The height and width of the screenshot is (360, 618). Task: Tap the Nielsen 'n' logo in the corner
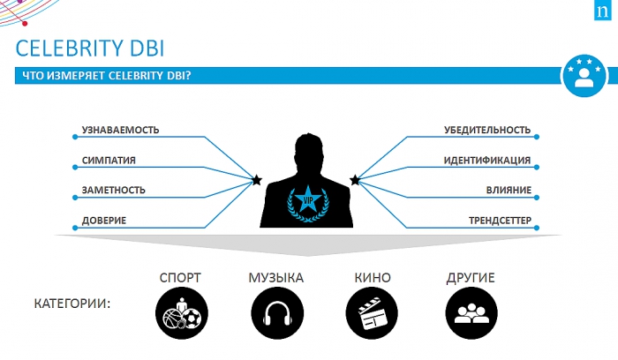602,13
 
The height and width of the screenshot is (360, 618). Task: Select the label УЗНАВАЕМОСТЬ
120,131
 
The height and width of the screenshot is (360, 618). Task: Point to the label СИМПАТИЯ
109,161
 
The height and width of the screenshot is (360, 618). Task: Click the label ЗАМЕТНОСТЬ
113,190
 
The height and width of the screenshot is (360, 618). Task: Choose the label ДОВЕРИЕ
103,220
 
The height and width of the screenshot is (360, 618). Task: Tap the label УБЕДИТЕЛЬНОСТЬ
487,131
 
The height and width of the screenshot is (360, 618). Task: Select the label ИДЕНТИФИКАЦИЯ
486,161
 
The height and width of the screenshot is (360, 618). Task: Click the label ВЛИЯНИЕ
508,190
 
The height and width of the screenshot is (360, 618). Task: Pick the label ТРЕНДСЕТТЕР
499,220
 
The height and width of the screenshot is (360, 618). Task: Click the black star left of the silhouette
257,180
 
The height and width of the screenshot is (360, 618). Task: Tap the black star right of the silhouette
355,180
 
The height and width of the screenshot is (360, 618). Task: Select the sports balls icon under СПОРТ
180,312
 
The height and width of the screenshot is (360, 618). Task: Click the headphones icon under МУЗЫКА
275,312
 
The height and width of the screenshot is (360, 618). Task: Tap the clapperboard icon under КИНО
372,312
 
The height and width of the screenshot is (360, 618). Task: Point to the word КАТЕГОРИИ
72,304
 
